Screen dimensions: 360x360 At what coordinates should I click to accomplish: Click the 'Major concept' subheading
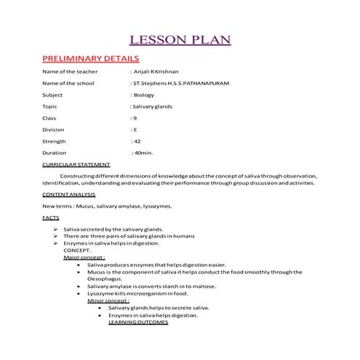pyautogui.click(x=84, y=257)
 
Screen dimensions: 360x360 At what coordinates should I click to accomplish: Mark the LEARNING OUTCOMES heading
pyautogui.click(x=138, y=322)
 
